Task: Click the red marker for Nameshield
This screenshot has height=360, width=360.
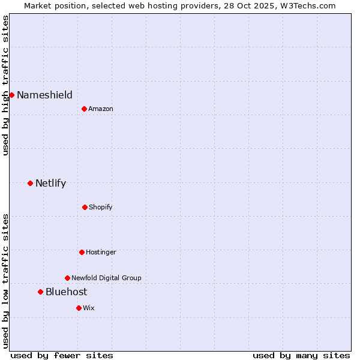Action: (x=11, y=95)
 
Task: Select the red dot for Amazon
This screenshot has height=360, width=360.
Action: (x=84, y=109)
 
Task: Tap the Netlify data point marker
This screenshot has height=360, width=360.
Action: (x=30, y=183)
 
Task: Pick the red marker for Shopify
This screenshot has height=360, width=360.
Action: (x=85, y=207)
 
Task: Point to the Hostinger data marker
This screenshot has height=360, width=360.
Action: (x=82, y=252)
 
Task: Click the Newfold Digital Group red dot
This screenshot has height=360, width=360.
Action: (x=67, y=278)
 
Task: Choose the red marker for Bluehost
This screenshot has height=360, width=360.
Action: (x=40, y=292)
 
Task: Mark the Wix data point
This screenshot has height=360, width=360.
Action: (x=79, y=308)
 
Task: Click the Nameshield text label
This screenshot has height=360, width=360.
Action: (x=44, y=95)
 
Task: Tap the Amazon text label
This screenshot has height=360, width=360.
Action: (x=101, y=109)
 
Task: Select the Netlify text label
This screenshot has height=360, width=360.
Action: (x=50, y=183)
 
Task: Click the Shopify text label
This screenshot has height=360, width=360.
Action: (x=101, y=207)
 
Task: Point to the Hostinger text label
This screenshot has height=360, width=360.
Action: (x=101, y=252)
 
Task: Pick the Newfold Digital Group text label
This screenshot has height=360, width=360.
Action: (x=106, y=278)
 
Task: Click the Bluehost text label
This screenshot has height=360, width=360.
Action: (x=66, y=292)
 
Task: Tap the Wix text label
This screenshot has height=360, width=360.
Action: (x=89, y=308)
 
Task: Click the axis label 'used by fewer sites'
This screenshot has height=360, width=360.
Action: (x=62, y=355)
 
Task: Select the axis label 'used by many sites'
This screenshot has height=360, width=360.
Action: (x=301, y=355)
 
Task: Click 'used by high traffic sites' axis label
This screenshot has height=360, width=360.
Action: (x=5, y=85)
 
